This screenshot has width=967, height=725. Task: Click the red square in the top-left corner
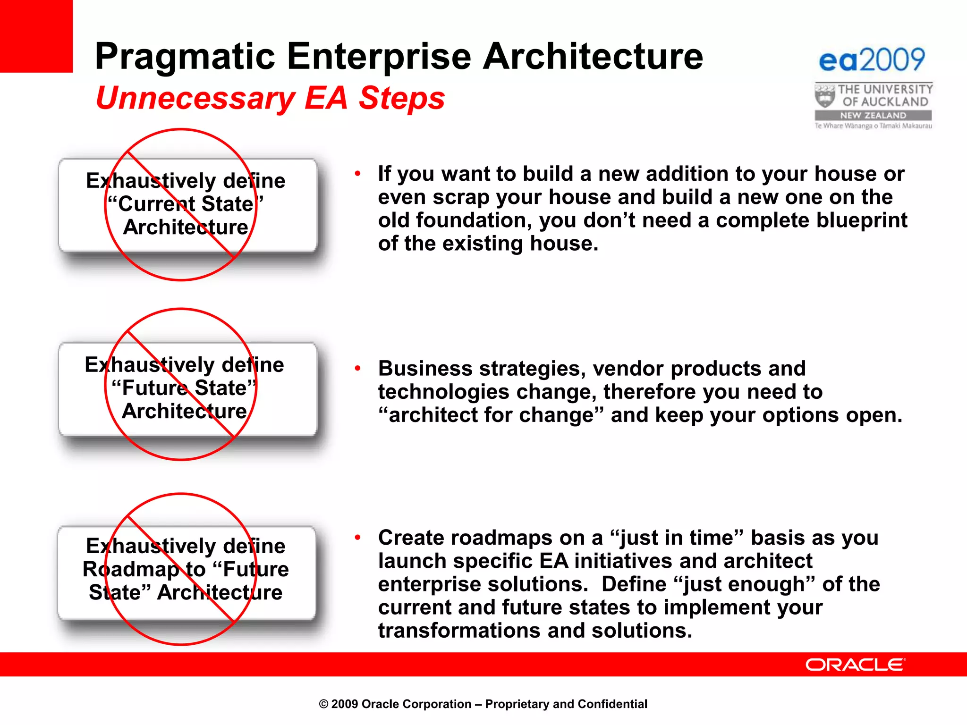tap(36, 36)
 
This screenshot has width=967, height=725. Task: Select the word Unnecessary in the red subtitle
tap(195, 99)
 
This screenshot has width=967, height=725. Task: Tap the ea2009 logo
tap(872, 60)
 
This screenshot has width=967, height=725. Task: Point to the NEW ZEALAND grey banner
tap(873, 116)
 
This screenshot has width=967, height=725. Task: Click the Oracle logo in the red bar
tap(855, 665)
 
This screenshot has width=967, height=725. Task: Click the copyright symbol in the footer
tap(323, 705)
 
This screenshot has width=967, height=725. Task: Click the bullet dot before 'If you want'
tap(358, 174)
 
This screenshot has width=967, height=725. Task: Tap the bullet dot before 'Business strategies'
tap(358, 369)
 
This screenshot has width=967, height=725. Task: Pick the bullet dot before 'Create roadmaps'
tap(358, 538)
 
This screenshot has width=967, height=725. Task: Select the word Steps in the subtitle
tap(401, 99)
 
